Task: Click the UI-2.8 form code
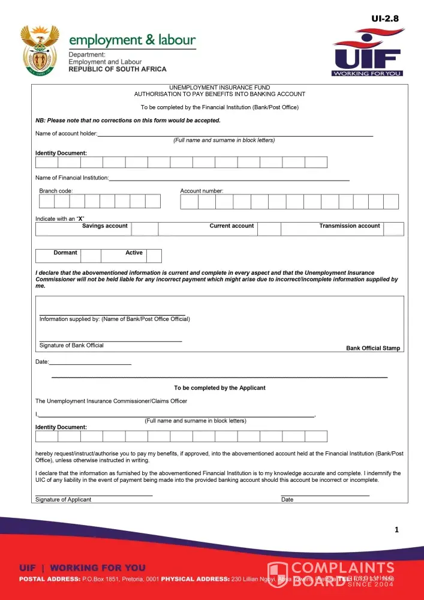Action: (x=384, y=19)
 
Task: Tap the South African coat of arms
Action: (x=40, y=50)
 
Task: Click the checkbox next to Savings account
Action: (x=145, y=229)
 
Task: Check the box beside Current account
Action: (x=269, y=229)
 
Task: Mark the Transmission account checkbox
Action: (x=393, y=229)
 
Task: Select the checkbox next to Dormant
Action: (x=91, y=256)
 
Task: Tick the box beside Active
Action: (x=154, y=256)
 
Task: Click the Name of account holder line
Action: (x=234, y=135)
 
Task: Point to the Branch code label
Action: (x=56, y=191)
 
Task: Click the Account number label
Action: (x=202, y=191)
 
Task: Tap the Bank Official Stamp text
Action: (x=372, y=348)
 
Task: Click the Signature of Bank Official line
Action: (x=110, y=340)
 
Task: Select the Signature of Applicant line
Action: (x=94, y=494)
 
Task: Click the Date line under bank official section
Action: (x=90, y=363)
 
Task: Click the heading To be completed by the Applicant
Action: (x=219, y=388)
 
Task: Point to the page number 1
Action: (x=396, y=529)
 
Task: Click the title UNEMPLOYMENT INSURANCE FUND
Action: (x=219, y=88)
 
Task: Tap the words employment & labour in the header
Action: (x=132, y=40)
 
